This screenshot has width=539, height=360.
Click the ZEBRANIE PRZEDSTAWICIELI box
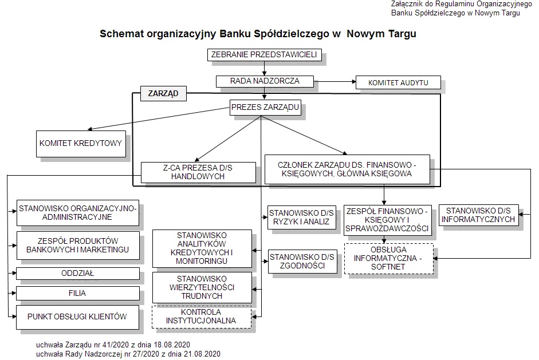(x=265, y=55)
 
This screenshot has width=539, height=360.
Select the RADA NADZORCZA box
(x=265, y=81)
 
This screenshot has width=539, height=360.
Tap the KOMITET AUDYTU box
(x=398, y=83)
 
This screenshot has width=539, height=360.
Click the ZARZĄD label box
(x=163, y=93)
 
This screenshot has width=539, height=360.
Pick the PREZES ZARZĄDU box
(x=265, y=108)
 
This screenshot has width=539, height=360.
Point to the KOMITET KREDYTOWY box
(x=81, y=144)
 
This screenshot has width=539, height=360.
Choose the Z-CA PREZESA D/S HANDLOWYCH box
(x=198, y=172)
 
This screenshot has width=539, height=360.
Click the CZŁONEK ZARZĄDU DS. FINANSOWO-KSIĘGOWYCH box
(x=347, y=169)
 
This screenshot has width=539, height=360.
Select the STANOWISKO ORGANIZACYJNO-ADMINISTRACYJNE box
(x=78, y=213)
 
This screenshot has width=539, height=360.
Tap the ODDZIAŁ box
(x=78, y=274)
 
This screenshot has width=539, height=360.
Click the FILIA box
(x=78, y=294)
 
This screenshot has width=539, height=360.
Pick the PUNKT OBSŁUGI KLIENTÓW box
(x=78, y=317)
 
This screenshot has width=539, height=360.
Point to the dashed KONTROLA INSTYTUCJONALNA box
(x=202, y=317)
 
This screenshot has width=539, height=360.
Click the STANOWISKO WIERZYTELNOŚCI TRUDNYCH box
(x=202, y=287)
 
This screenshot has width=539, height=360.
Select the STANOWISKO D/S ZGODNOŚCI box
(x=302, y=262)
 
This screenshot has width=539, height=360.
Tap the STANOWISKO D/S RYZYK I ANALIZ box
(x=301, y=217)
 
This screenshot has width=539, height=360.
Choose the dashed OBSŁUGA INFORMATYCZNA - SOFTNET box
(x=389, y=259)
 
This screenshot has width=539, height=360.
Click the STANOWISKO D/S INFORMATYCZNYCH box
(x=478, y=215)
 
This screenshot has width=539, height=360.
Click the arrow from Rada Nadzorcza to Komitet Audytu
(x=335, y=82)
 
